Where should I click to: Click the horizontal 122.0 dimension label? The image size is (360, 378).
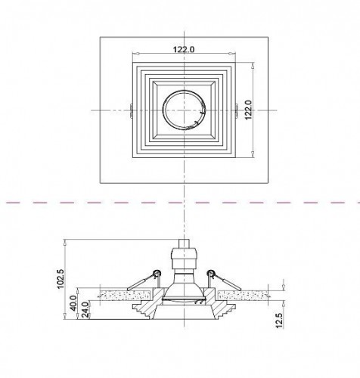click(x=184, y=49)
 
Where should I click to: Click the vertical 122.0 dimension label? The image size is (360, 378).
click(x=248, y=110)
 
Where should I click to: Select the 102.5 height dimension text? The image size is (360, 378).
click(x=61, y=279)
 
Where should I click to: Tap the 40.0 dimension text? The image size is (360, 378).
click(x=73, y=303)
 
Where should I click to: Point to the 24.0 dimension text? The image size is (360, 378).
click(x=85, y=310)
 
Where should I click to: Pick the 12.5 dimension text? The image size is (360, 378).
click(x=280, y=321)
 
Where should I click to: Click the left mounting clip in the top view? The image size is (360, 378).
click(x=132, y=110)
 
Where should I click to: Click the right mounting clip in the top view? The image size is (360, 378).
click(x=236, y=110)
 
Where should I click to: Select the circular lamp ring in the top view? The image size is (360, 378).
click(x=185, y=91)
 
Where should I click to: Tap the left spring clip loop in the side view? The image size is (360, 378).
click(x=157, y=273)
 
